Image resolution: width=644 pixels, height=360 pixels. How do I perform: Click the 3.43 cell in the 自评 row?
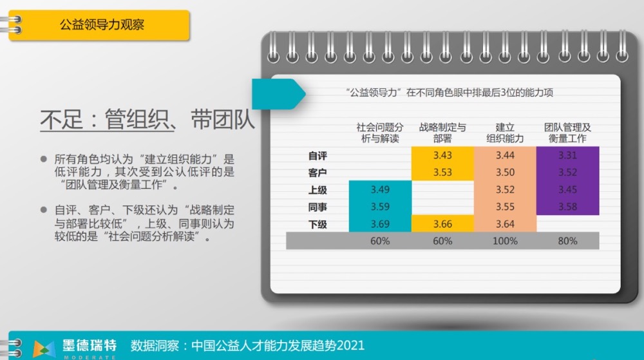(442, 155)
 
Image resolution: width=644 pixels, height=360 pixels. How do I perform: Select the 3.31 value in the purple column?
(567, 155)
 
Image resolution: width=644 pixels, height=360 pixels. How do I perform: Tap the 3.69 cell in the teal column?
(380, 224)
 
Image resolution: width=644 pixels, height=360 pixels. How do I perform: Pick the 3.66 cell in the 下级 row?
(442, 224)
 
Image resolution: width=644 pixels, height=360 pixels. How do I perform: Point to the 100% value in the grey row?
(505, 241)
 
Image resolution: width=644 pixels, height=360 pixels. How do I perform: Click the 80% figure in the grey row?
(567, 241)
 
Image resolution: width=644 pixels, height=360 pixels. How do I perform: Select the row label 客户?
(317, 173)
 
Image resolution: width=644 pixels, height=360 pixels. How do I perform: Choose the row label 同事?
(317, 207)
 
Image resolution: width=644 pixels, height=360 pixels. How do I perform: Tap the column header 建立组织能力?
(505, 133)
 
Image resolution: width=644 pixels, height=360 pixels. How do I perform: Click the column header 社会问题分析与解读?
(380, 133)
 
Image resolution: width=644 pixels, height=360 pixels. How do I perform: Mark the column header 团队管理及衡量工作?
(567, 133)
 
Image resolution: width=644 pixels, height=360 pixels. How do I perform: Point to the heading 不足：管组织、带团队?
(147, 119)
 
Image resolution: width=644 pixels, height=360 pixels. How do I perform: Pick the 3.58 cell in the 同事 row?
(567, 207)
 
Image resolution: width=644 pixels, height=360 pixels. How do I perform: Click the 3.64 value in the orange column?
(505, 224)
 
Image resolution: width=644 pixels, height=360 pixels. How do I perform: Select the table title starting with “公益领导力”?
(450, 92)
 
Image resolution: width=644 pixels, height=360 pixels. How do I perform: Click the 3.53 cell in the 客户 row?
(442, 173)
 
